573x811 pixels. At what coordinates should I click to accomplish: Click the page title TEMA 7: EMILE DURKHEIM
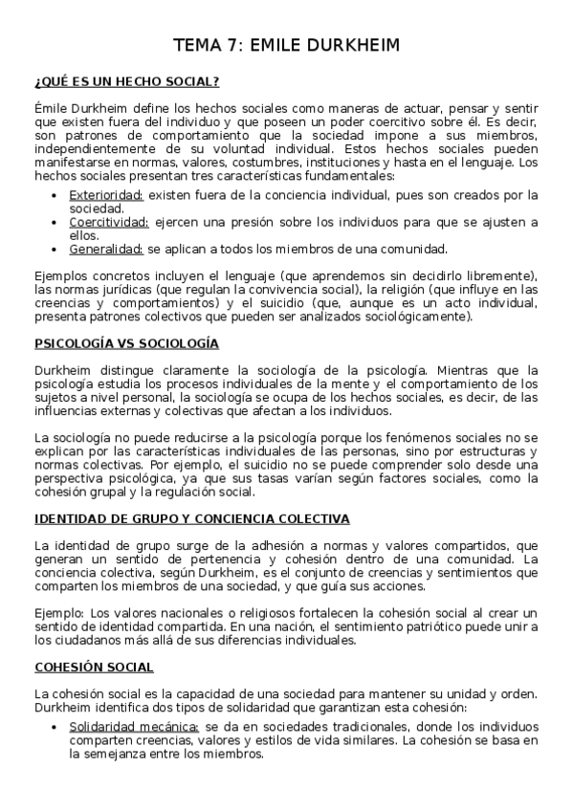point(286,44)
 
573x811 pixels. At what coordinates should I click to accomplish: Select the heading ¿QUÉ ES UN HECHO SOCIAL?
point(128,82)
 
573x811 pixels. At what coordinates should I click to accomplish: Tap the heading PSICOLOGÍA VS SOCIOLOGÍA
point(126,343)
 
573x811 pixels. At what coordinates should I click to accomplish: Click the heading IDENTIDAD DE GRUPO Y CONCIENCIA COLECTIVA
point(191,519)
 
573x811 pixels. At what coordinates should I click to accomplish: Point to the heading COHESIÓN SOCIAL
point(94,667)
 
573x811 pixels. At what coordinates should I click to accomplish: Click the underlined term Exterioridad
point(105,195)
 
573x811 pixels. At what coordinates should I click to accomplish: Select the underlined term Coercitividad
point(108,223)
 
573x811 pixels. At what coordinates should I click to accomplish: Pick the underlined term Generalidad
point(105,250)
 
